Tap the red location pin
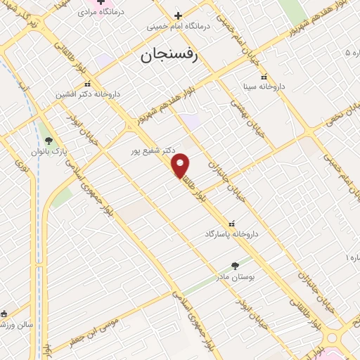(x=181, y=165)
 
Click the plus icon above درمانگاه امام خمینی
(x=178, y=15)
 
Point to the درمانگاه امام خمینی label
(x=179, y=26)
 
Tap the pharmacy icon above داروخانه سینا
(x=264, y=77)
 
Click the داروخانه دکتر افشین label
(x=89, y=94)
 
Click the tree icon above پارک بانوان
(x=49, y=141)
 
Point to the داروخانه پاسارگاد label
(x=232, y=233)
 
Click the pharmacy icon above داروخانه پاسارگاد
(x=232, y=223)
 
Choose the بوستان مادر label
(x=236, y=277)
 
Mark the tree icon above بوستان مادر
(x=236, y=266)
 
